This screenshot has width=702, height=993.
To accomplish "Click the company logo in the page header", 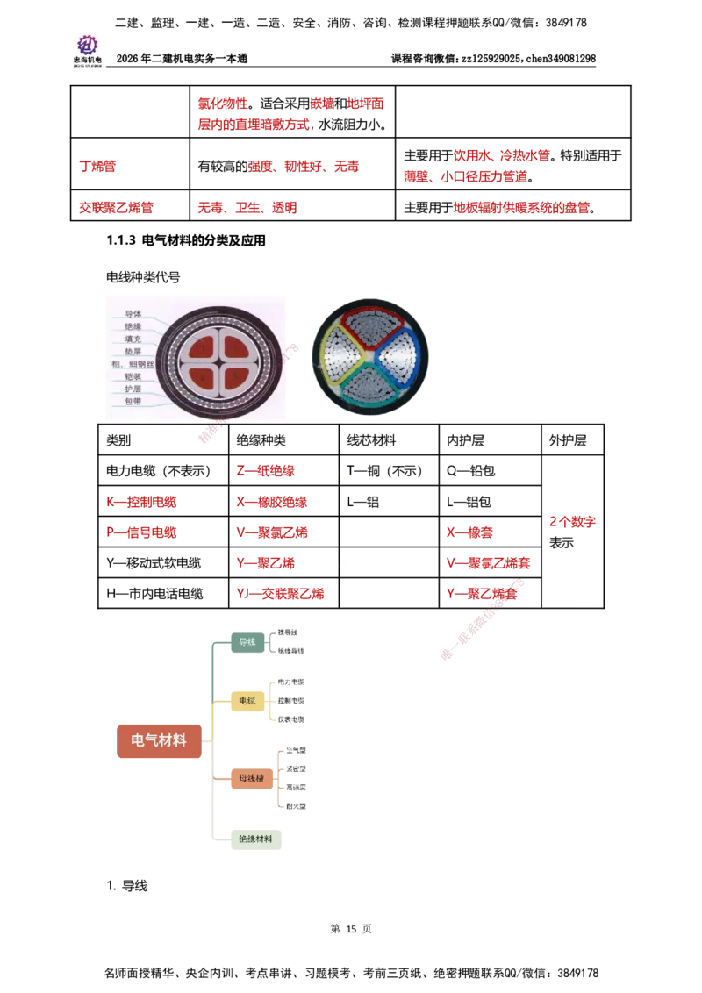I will (88, 49).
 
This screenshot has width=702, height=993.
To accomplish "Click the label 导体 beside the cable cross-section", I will (133, 313).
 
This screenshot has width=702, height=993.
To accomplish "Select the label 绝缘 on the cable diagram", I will (133, 325).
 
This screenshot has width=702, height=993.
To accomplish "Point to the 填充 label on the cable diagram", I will (133, 338).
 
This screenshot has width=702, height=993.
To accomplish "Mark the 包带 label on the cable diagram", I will (133, 401).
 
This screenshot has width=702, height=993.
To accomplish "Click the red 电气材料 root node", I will (159, 740).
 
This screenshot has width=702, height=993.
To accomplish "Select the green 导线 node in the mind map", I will (247, 643).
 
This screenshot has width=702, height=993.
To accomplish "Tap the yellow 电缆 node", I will (247, 701).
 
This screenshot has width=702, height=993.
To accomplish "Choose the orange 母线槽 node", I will (251, 778).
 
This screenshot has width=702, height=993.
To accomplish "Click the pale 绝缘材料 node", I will (254, 839).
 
